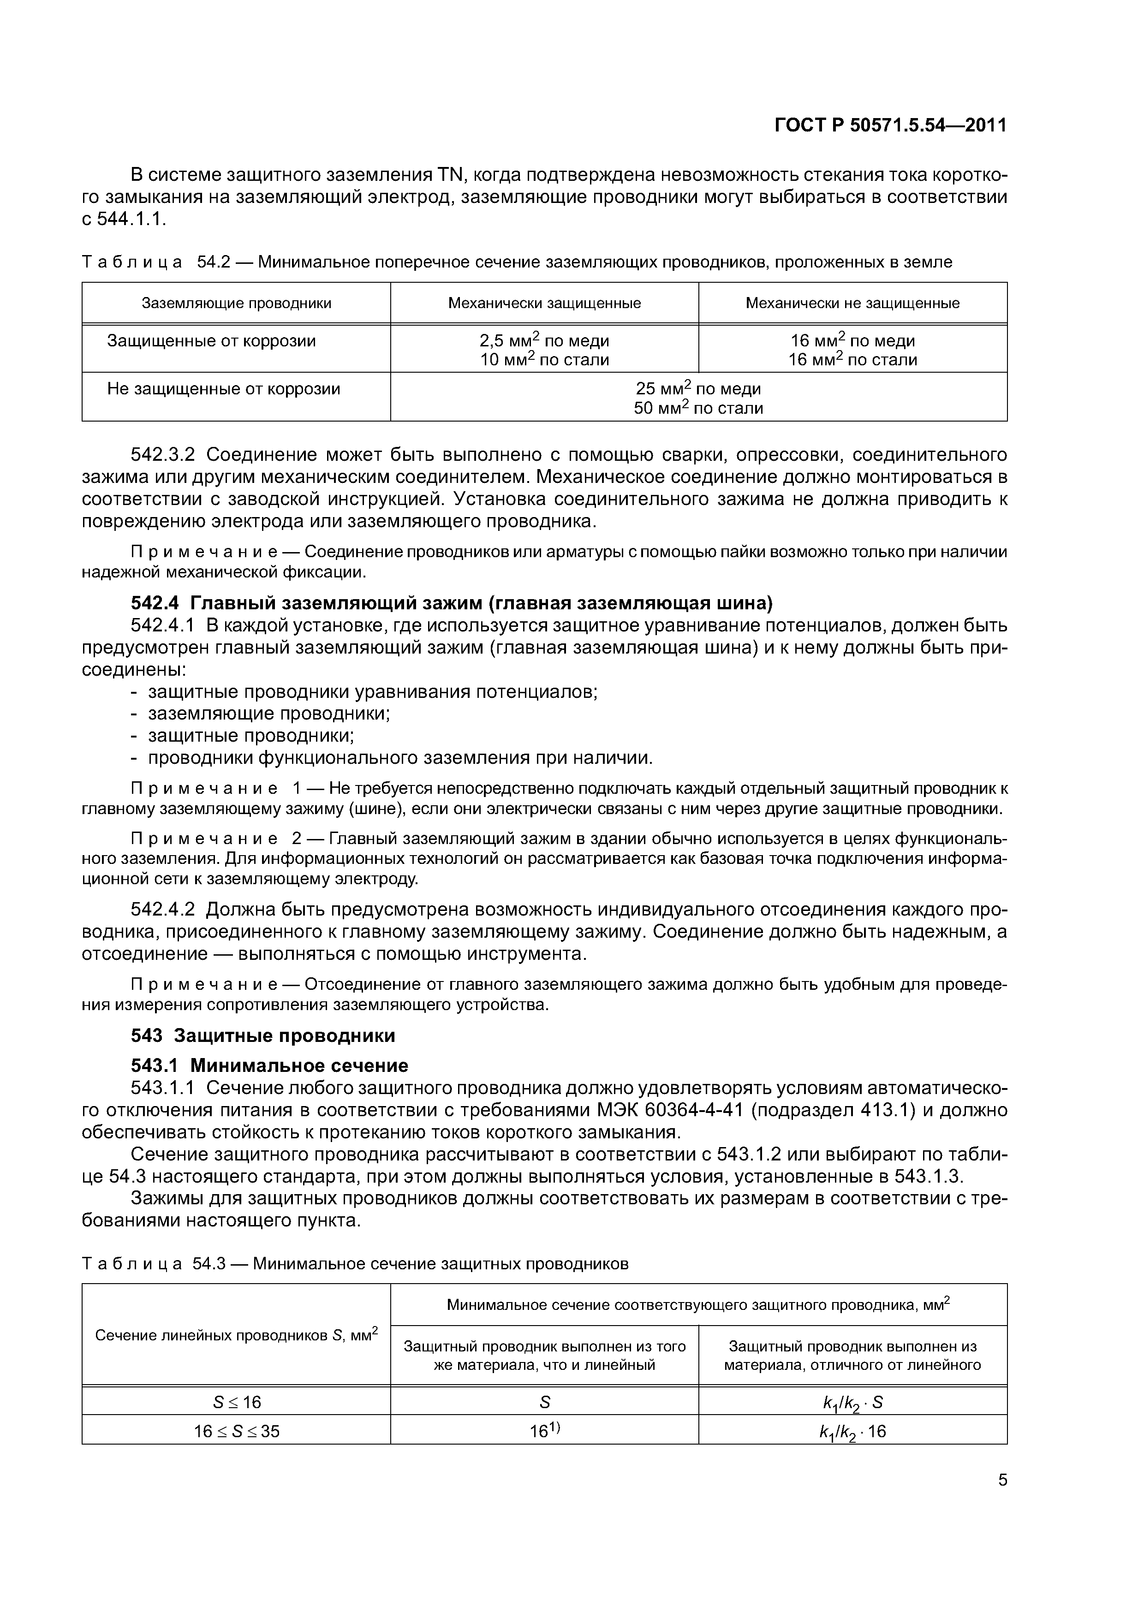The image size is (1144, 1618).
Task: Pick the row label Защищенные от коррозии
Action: coord(211,341)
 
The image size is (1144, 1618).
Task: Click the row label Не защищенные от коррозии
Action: coord(223,389)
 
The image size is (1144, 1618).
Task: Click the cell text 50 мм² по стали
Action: coord(698,408)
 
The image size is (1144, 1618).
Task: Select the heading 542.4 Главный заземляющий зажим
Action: coord(452,603)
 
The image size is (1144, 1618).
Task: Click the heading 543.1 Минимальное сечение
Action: coord(270,1065)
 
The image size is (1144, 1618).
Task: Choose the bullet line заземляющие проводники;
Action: coord(268,714)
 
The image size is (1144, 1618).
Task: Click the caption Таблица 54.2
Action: coord(517,262)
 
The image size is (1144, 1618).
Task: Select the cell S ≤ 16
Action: coord(237,1402)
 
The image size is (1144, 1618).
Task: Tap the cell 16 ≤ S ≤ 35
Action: coord(237,1431)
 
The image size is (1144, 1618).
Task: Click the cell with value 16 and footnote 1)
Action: coord(544,1431)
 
